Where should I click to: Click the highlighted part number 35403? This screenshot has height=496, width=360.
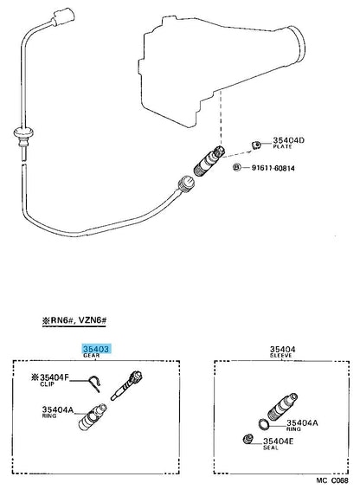(96, 349)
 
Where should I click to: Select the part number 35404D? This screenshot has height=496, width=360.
(288, 140)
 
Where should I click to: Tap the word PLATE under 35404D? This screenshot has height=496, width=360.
(282, 147)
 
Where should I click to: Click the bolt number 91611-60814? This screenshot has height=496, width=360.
(273, 168)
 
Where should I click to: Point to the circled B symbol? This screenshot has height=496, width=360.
(236, 167)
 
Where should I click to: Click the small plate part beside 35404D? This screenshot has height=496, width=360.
(256, 145)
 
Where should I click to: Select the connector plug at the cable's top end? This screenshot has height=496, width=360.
(64, 17)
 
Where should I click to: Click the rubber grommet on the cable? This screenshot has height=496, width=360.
(23, 134)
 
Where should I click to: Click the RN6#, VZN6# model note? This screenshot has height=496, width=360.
(74, 320)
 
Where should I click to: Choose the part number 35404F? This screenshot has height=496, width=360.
(55, 377)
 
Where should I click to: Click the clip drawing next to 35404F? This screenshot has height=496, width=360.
(95, 383)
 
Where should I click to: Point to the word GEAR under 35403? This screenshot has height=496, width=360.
(92, 356)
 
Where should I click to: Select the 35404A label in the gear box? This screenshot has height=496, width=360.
(58, 410)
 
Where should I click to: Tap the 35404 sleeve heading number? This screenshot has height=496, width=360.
(282, 349)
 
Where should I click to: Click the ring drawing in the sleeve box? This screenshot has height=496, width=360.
(264, 424)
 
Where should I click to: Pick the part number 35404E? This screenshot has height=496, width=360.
(279, 441)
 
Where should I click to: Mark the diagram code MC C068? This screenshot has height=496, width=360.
(332, 480)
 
